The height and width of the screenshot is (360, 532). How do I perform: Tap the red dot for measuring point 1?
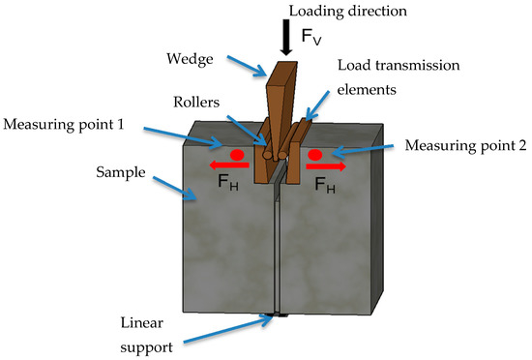pyautogui.click(x=235, y=154)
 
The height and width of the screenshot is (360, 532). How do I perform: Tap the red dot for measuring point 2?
pyautogui.click(x=314, y=154)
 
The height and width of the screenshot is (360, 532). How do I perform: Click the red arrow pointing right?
pyautogui.click(x=325, y=165)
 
